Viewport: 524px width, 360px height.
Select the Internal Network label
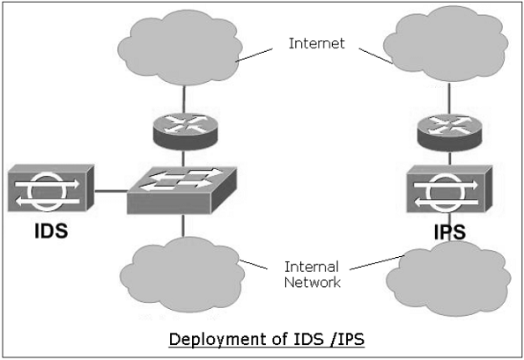click(314, 274)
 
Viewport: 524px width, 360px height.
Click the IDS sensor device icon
click(51, 189)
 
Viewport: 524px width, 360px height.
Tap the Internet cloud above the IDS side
click(182, 48)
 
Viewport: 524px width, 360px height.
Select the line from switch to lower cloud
click(182, 226)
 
